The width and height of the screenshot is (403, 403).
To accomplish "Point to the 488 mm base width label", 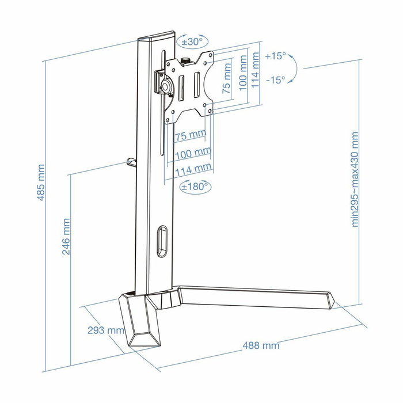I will point(260,345).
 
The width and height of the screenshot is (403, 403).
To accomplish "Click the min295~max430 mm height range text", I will point(355,179).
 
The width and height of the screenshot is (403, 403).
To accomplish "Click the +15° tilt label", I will point(275,56).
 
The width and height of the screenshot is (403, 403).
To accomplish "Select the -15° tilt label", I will point(275,80).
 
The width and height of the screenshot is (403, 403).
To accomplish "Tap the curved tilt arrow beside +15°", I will point(294,69).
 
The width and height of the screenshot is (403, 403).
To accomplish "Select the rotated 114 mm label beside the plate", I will point(254,67).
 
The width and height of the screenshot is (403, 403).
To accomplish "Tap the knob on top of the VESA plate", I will point(186,60).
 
